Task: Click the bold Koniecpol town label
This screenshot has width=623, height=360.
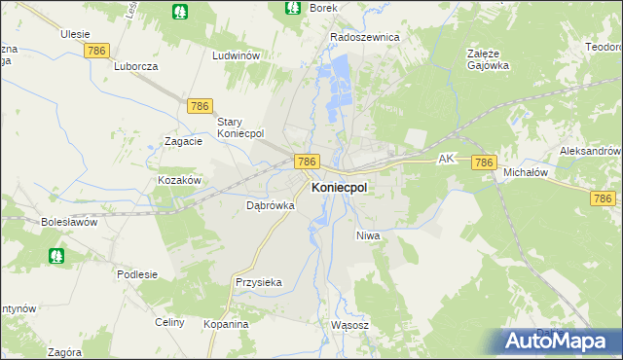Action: (339, 189)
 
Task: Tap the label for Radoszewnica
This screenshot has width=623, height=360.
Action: (365, 37)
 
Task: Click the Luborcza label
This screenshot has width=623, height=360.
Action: (135, 66)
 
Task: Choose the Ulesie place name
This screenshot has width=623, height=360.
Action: (75, 33)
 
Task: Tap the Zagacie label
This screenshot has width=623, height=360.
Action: (183, 141)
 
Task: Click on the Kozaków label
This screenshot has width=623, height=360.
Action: (179, 181)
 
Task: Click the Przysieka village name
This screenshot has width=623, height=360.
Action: (259, 282)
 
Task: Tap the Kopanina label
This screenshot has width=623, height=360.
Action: (226, 323)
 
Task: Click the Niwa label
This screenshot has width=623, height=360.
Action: (367, 235)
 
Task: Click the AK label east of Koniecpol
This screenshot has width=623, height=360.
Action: (447, 157)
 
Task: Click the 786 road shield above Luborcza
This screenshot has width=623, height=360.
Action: (95, 49)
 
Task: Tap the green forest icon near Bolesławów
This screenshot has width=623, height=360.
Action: (56, 256)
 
